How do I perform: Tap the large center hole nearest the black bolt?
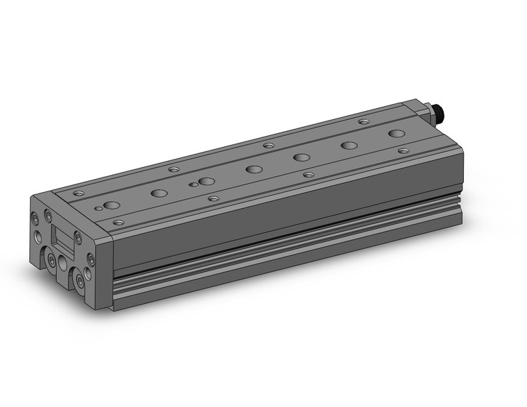396,133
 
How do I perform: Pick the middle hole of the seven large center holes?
254,168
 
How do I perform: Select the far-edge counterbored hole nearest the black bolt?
363,121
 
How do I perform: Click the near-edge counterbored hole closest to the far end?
404,150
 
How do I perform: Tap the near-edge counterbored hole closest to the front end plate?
119,223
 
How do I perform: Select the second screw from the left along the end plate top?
47,215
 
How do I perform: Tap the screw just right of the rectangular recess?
78,239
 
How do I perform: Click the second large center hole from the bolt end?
349,146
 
